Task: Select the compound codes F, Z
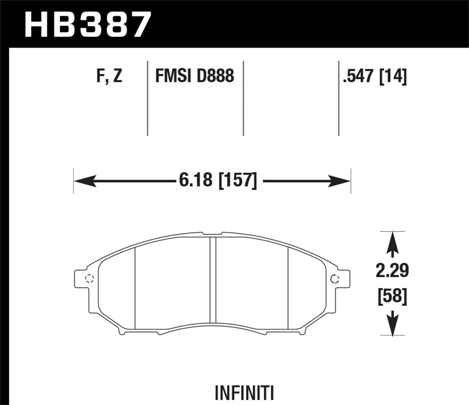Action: pyautogui.click(x=109, y=76)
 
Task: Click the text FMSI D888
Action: pyautogui.click(x=194, y=76)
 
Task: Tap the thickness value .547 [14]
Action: pyautogui.click(x=374, y=76)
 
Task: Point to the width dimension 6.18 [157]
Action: pyautogui.click(x=218, y=181)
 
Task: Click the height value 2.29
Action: pyautogui.click(x=393, y=271)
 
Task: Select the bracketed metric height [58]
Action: pyautogui.click(x=393, y=297)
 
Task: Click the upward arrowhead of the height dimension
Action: pyautogui.click(x=393, y=239)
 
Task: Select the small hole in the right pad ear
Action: pyautogui.click(x=335, y=278)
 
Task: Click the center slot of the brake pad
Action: pyautogui.click(x=212, y=279)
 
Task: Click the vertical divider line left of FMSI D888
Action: pyautogui.click(x=148, y=98)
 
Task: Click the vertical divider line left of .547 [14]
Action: pyautogui.click(x=338, y=98)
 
